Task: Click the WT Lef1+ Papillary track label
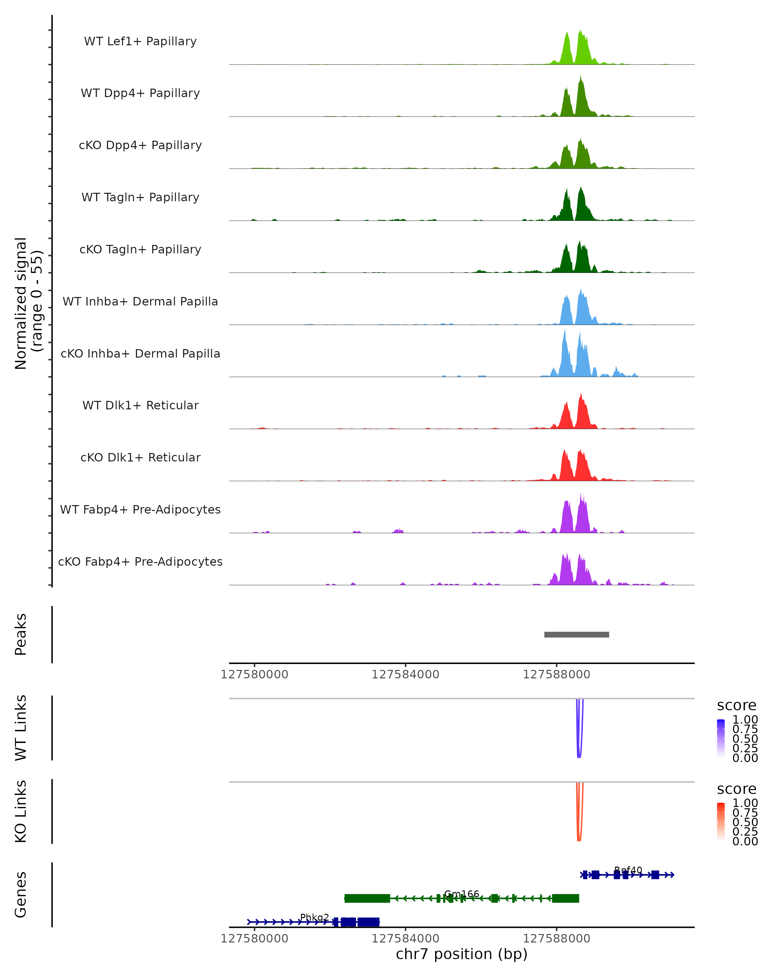coord(140,41)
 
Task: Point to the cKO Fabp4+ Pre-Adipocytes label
coord(140,561)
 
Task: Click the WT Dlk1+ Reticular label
coord(140,405)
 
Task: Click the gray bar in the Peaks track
coord(576,634)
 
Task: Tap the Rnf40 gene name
coord(628,870)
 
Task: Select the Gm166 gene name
coord(461,894)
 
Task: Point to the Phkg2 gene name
coord(315,917)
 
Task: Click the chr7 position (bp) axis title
coord(461,954)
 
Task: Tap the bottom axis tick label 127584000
coord(405,938)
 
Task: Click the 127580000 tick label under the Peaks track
coord(254,674)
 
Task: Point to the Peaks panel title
coord(21,634)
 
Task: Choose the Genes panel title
coord(21,895)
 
